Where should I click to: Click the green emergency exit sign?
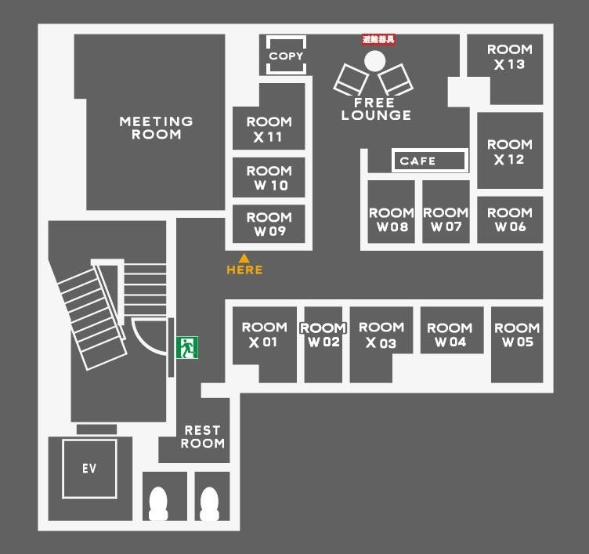186,347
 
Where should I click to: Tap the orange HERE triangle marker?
244,258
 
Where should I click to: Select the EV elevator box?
89,469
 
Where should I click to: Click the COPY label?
285,56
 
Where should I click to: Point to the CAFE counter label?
417,161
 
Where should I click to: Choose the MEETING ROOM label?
156,128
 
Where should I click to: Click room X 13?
510,57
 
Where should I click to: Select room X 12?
510,151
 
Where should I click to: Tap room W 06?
510,219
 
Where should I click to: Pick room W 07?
446,219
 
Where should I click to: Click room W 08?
392,219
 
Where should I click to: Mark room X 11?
269,129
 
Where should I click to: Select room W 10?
269,178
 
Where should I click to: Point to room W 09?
269,224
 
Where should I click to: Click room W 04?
450,335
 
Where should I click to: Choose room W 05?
517,335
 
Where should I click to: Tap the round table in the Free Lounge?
374,60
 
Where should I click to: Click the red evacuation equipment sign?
378,38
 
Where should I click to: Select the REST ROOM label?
202,436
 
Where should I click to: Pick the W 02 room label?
323,335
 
